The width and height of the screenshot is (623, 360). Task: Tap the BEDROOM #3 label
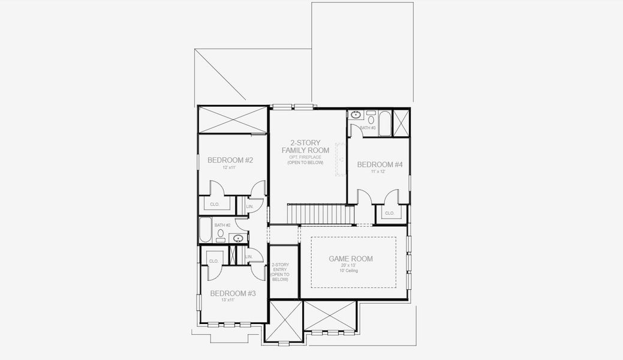(x=233, y=293)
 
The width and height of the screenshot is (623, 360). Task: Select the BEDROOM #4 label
(x=380, y=164)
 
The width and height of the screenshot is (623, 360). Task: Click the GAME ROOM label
(x=351, y=259)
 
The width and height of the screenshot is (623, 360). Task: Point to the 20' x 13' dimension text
(x=351, y=265)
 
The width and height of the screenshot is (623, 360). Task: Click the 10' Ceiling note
(x=351, y=271)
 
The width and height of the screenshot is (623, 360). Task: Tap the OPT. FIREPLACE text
(x=305, y=157)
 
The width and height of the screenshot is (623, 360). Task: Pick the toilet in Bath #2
(x=221, y=233)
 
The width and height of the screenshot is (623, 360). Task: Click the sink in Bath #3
(x=356, y=115)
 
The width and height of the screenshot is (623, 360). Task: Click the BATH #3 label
(x=368, y=128)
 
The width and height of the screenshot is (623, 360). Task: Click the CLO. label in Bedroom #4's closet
(x=389, y=213)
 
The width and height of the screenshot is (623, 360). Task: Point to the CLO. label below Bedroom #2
(x=214, y=204)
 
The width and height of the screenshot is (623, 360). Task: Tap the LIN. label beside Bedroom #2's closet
(x=249, y=206)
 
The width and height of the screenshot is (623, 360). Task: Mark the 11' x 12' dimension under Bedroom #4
(x=378, y=172)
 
